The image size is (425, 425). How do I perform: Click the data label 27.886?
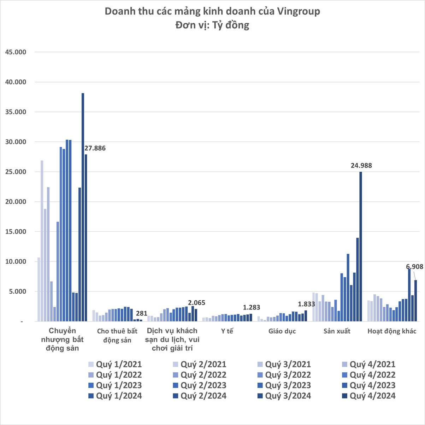coord(95,148)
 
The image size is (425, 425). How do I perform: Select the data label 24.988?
coord(361,165)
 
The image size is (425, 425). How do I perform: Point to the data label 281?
coord(141,313)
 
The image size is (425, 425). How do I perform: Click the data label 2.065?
coord(196,303)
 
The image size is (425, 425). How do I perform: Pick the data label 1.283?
coord(252,307)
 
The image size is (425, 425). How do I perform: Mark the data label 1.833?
coord(306,304)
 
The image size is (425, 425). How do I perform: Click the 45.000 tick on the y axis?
coord(16,52)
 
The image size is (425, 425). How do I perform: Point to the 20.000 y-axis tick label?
coord(16,202)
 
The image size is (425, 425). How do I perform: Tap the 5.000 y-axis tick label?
coord(18,292)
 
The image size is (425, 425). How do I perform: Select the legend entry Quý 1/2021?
coord(115,365)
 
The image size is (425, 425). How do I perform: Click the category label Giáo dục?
coord(282,331)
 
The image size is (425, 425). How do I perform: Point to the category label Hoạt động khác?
coord(392,331)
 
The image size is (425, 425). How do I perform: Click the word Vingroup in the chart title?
coord(299,11)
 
